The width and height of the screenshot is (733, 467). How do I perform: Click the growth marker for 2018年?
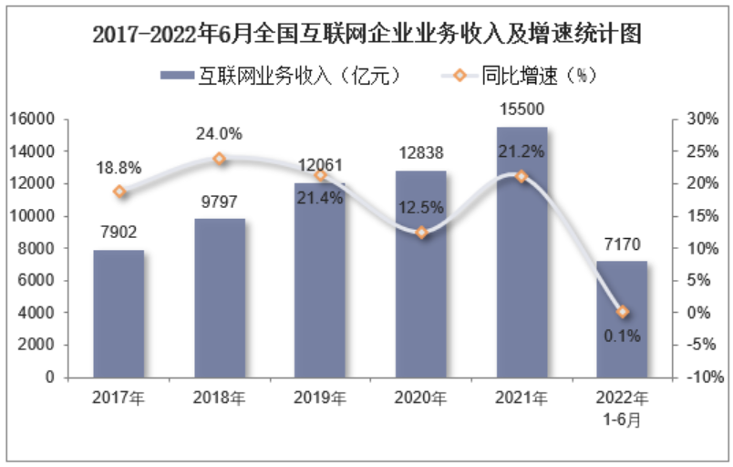[220, 159]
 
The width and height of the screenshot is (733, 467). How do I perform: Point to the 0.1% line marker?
[623, 312]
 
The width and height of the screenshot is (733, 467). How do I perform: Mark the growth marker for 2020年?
[421, 233]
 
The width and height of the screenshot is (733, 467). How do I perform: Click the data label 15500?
[521, 110]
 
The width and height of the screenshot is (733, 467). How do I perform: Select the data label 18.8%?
[119, 168]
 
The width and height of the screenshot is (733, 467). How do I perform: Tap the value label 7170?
[622, 245]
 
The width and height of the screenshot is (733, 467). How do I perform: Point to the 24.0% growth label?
[219, 134]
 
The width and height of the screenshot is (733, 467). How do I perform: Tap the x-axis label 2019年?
[320, 398]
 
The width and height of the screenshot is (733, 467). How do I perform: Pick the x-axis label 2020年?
[421, 398]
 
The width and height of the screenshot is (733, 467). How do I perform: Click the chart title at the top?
[367, 36]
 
